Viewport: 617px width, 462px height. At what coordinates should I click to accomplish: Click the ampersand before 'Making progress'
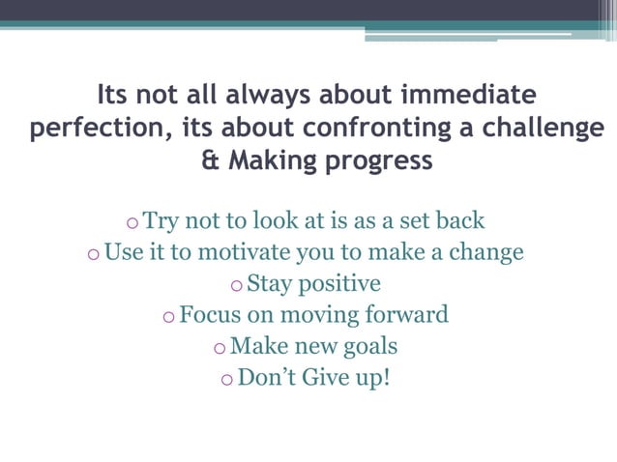tap(210, 160)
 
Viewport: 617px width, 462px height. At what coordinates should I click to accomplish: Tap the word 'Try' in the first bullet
tap(162, 221)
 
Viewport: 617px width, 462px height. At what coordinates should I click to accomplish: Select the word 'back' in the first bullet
tap(460, 221)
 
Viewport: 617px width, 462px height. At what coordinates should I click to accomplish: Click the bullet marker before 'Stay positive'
tap(237, 286)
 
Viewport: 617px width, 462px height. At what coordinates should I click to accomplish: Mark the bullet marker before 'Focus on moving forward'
tap(169, 317)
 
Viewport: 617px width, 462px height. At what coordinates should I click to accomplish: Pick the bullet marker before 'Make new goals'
tap(220, 348)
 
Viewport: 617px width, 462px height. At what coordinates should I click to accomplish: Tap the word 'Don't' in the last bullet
tap(266, 376)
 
